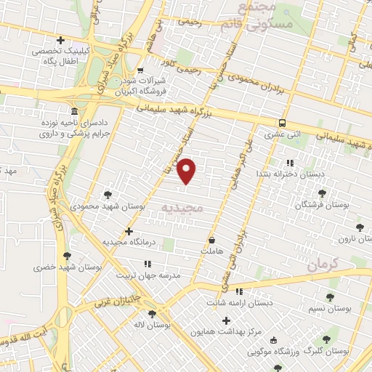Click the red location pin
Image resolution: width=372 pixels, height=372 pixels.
point(187,170)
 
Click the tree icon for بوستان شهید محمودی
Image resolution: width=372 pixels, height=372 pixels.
point(108,195)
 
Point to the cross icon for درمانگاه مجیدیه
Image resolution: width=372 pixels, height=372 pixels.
point(129,232)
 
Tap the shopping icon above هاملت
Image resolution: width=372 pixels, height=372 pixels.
point(211,240)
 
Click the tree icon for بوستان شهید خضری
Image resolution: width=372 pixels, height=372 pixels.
point(68,256)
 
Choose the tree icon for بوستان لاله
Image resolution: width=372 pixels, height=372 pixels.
point(151,314)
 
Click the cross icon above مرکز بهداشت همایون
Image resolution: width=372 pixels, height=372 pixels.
point(226,320)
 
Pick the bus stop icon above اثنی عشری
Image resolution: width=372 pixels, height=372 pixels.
point(282,123)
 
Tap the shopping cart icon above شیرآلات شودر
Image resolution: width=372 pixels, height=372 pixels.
point(140,71)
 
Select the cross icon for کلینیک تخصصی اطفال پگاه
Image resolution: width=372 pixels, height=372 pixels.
point(60,40)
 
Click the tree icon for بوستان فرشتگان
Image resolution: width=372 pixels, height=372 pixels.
point(322,193)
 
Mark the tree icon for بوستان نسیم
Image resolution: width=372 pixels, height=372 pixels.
point(330,297)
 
